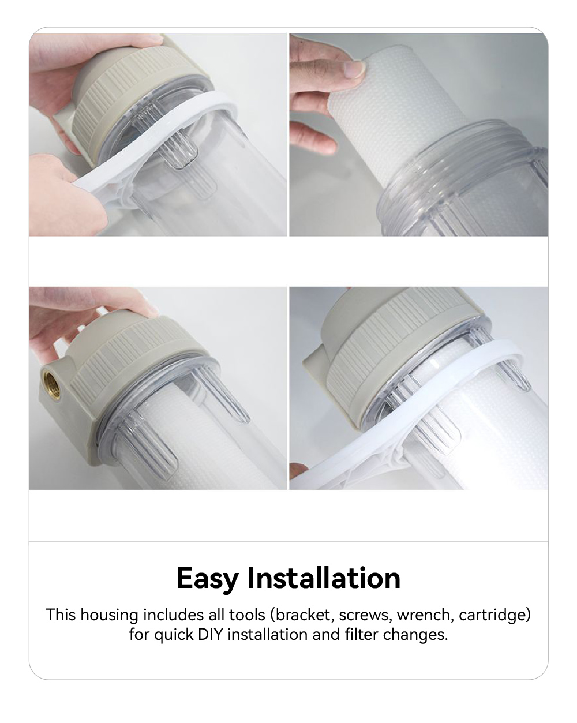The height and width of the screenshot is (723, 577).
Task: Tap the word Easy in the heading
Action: (x=207, y=578)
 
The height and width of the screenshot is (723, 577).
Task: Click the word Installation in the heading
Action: (x=324, y=578)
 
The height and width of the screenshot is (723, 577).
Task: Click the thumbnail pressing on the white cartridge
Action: (x=353, y=70)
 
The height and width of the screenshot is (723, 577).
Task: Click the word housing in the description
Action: (x=109, y=616)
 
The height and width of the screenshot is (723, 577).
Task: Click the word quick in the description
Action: (x=174, y=635)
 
